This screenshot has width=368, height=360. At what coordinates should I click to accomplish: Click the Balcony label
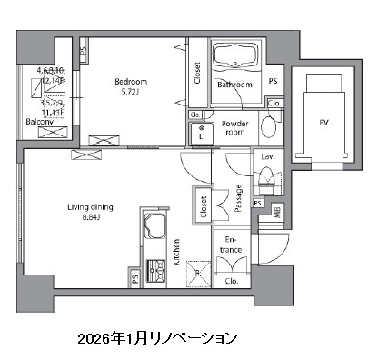(36, 120)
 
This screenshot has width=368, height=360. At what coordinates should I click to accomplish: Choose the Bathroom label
(234, 85)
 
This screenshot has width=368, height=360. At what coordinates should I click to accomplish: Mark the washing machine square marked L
(201, 133)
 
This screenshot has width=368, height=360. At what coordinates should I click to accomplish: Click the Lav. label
(268, 157)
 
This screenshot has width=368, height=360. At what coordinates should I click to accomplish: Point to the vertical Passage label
(237, 198)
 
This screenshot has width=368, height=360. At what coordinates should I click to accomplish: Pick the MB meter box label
(277, 214)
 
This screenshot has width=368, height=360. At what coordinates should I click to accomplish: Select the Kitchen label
(177, 245)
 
